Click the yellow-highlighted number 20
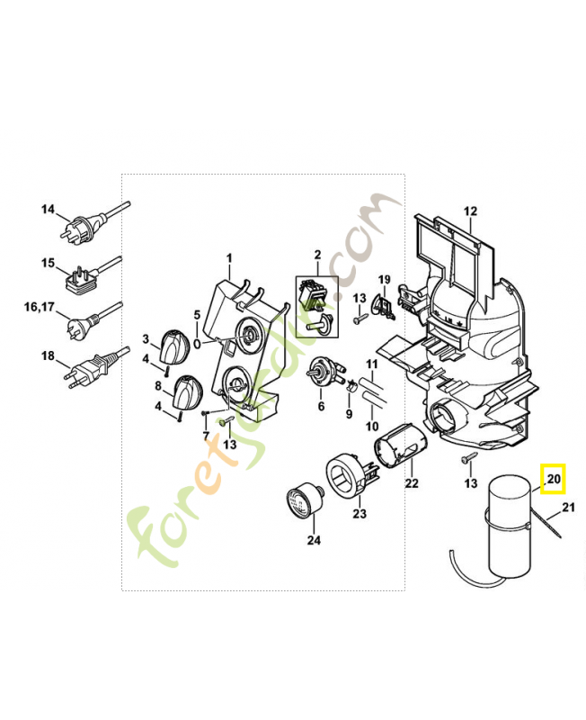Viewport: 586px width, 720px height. pyautogui.click(x=554, y=479)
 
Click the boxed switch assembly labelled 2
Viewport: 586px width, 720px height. pyautogui.click(x=316, y=307)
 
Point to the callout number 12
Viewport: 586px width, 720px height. pyautogui.click(x=470, y=211)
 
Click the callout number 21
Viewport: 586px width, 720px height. pyautogui.click(x=568, y=508)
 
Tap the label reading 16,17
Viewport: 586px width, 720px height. pyautogui.click(x=39, y=306)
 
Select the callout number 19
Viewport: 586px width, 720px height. pyautogui.click(x=385, y=280)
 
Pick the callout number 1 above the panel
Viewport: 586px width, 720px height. pyautogui.click(x=229, y=258)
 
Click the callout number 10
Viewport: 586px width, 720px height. pyautogui.click(x=372, y=426)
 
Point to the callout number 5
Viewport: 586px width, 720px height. pyautogui.click(x=197, y=315)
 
